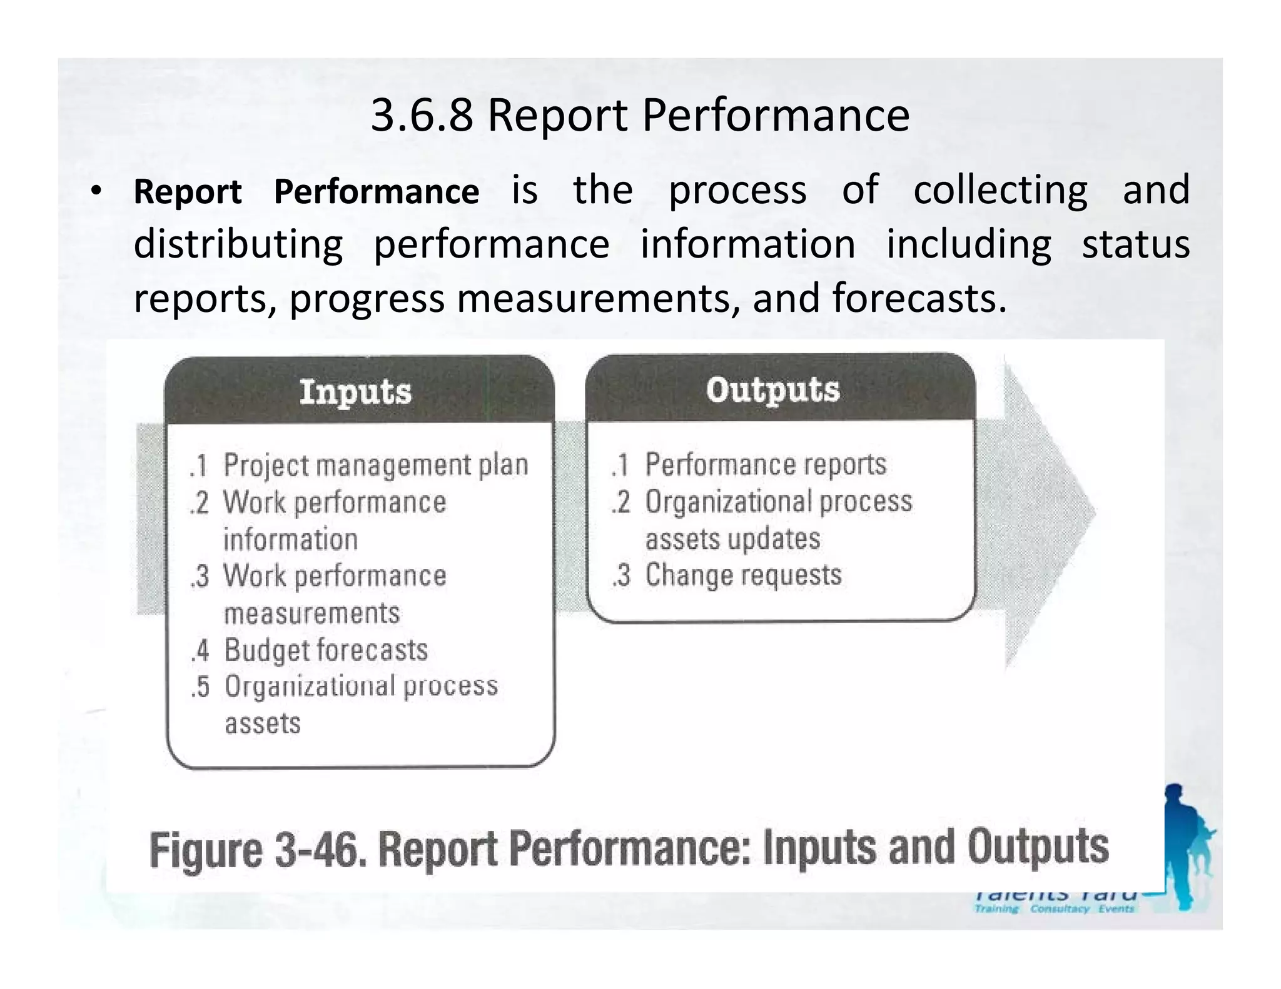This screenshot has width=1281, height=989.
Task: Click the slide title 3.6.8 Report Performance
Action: (640, 116)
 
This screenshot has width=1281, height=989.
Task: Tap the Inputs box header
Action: (355, 393)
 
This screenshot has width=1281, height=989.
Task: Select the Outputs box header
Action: (773, 390)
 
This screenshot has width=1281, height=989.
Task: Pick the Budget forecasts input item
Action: (326, 650)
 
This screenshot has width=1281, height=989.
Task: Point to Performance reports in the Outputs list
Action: (766, 464)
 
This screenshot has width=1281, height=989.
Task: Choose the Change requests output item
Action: (743, 575)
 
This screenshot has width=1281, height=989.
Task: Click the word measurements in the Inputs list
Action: (311, 613)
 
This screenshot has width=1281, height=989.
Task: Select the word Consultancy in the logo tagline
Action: (1060, 909)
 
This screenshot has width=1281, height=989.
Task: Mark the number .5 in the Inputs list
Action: (200, 687)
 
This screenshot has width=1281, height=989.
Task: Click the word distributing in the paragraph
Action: (238, 244)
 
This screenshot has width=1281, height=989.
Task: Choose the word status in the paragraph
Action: (1135, 244)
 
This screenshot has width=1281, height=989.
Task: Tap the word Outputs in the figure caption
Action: (1038, 848)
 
